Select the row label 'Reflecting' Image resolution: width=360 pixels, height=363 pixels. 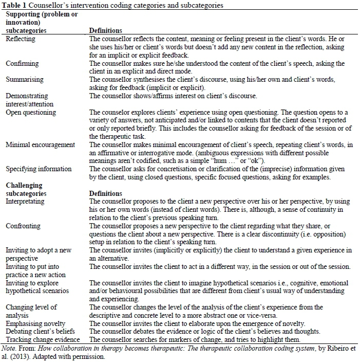coord(22,39)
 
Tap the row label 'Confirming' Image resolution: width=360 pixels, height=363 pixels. coord(22,64)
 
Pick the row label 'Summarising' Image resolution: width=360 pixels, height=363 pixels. coord(25,80)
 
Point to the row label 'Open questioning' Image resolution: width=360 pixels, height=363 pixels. coord(31,112)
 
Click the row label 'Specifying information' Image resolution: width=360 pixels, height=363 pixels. coord(39,169)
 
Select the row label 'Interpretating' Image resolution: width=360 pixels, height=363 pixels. coord(26,202)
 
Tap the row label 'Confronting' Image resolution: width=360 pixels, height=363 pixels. coord(24,226)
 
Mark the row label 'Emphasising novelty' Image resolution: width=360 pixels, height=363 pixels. coord(35,323)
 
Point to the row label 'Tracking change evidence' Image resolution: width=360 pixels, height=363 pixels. coord(43,339)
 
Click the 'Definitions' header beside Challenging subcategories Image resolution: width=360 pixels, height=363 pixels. coord(105,193)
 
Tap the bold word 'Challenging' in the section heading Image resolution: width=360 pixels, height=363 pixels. coord(24,185)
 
